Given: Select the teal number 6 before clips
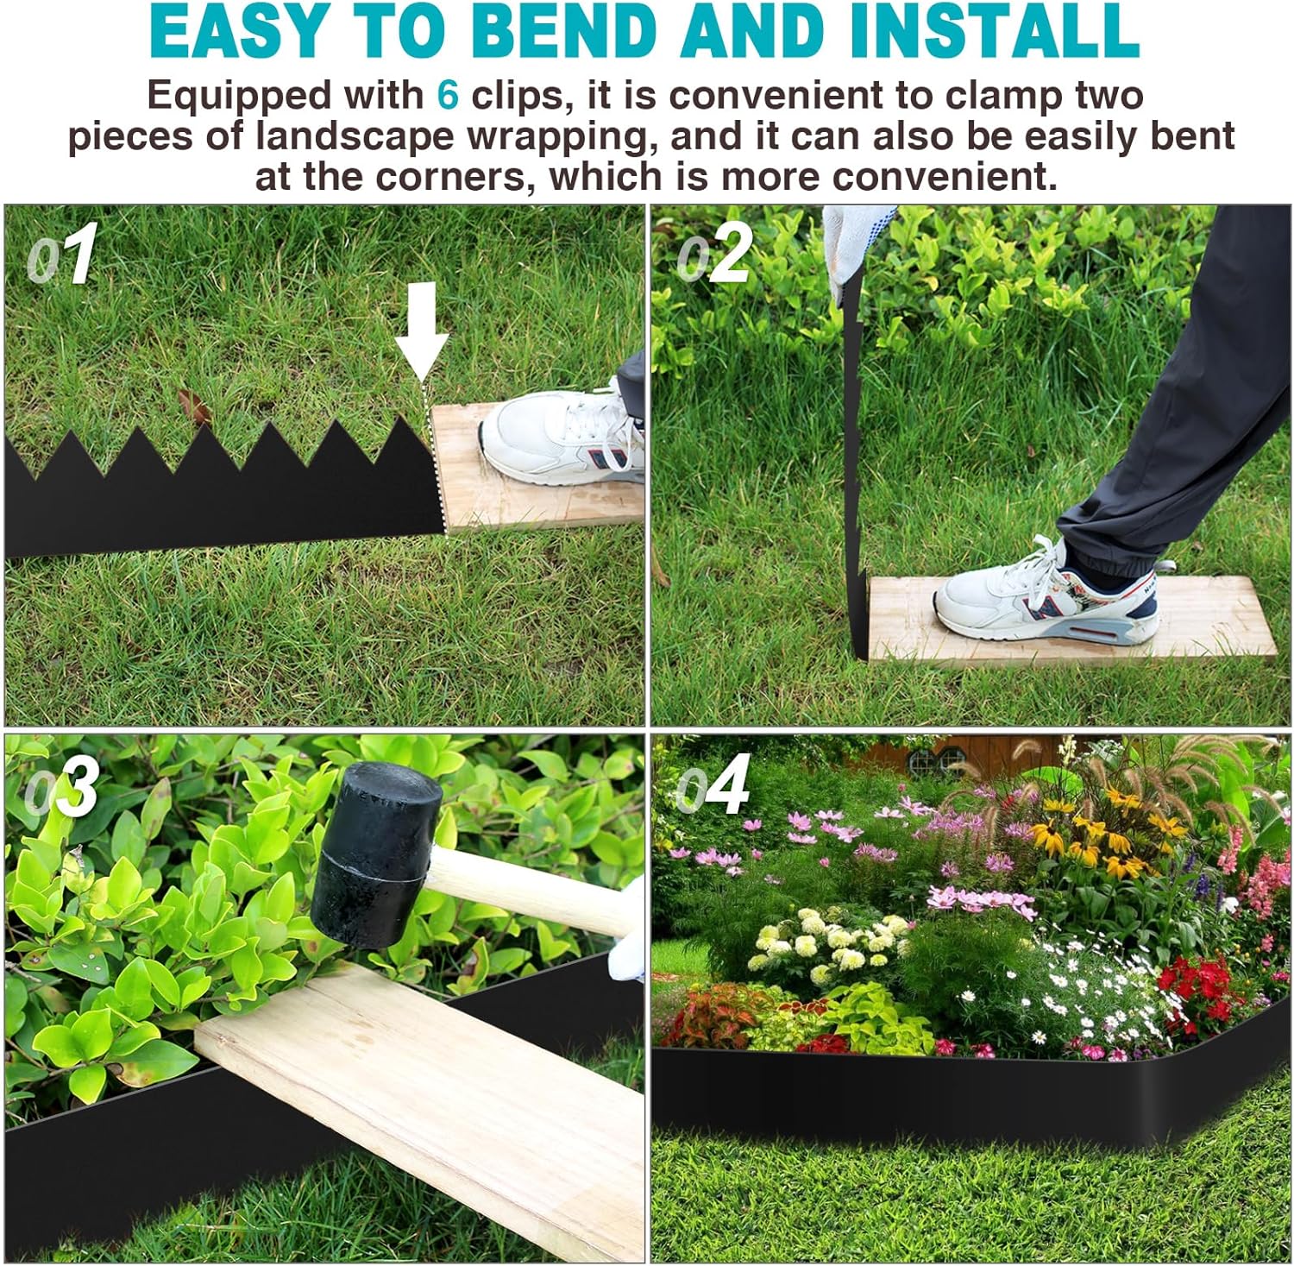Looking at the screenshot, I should coord(447,95).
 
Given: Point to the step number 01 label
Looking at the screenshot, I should coord(62,255).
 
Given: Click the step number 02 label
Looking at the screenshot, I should coord(714,255).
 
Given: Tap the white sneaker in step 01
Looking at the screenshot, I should coord(561,437).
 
